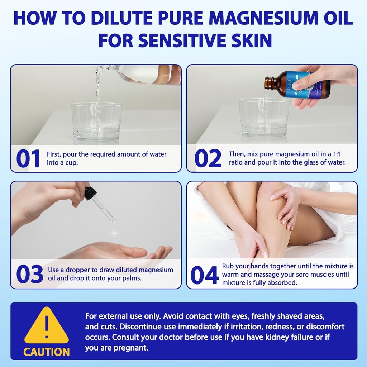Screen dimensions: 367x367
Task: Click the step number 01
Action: coord(28,158)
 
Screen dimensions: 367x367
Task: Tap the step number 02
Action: coord(208,158)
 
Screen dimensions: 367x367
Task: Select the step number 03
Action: coord(29,275)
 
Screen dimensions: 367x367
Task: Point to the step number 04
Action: coord(204,275)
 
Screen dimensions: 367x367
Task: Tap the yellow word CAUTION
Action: coord(47,351)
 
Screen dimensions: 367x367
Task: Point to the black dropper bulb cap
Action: coord(90,193)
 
